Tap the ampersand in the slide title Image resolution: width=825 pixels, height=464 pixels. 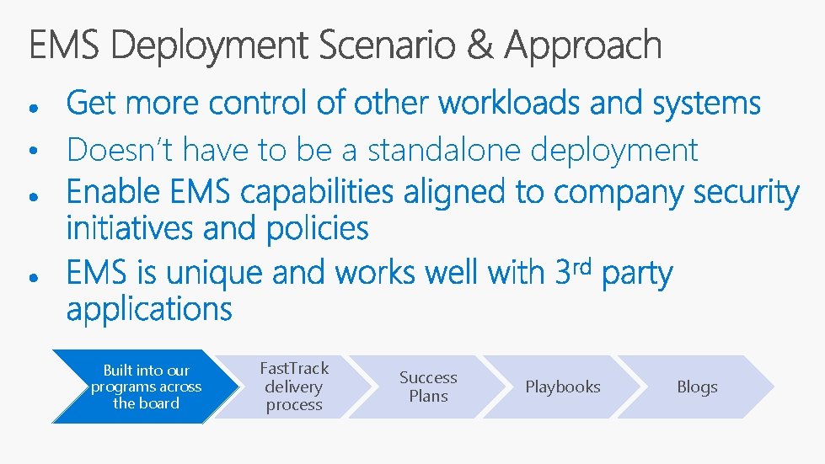[x=479, y=45]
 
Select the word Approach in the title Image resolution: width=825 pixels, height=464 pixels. [x=583, y=46]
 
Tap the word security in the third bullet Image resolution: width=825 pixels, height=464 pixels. [x=746, y=193]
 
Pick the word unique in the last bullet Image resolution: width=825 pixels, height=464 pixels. [x=214, y=274]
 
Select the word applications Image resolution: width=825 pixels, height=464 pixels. [x=149, y=309]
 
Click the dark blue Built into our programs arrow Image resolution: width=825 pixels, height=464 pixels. [x=139, y=387]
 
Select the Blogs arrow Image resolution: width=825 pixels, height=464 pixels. [x=697, y=387]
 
